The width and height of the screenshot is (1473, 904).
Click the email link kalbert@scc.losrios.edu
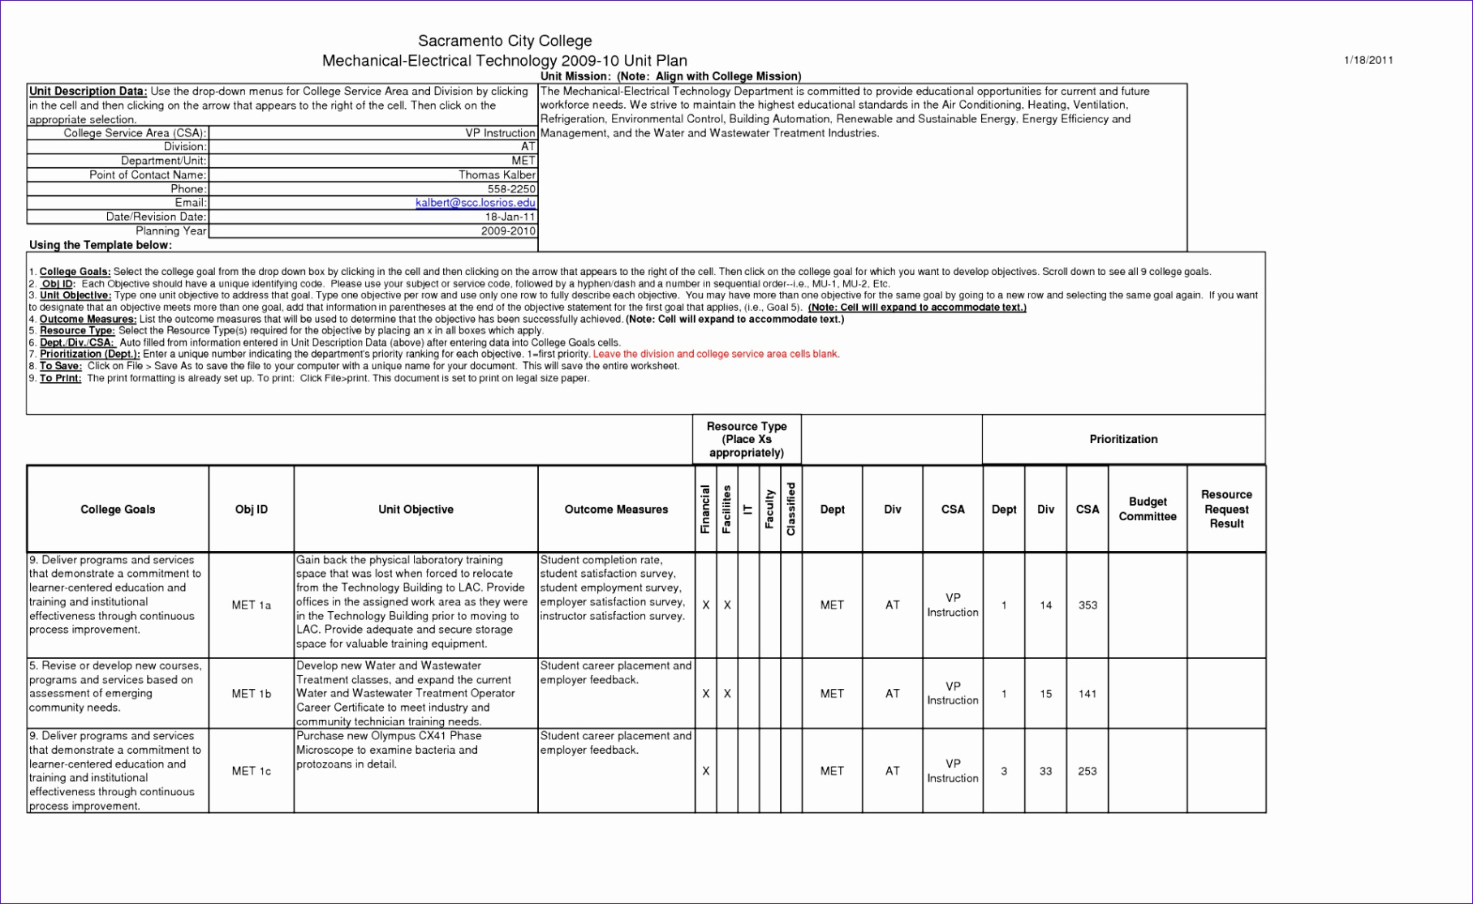coord(475,203)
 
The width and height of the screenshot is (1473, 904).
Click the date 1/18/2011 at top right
coord(1368,60)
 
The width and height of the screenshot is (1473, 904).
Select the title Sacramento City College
coord(505,41)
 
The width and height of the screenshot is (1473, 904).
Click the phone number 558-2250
coord(511,189)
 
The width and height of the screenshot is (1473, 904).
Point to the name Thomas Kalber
coord(497,174)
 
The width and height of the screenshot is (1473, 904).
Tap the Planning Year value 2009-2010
coord(508,231)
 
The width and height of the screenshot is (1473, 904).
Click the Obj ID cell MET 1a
coord(252,605)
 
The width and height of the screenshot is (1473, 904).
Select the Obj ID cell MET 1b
coord(252,694)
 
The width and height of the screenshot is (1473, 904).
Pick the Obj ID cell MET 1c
coord(252,771)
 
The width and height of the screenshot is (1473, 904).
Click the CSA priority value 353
coord(1088,605)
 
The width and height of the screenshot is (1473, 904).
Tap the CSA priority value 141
coord(1088,694)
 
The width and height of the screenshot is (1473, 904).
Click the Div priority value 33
coord(1045,771)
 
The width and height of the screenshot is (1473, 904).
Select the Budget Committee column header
coord(1148,510)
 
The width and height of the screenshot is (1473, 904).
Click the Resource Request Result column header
coord(1226,510)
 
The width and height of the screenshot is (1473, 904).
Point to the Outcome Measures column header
coord(616,510)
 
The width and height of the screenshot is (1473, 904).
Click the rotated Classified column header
coord(791,510)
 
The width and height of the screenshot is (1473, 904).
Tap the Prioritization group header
coord(1123,440)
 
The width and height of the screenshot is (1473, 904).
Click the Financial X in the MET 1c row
coord(706,771)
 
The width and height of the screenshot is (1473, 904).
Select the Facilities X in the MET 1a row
coord(727,605)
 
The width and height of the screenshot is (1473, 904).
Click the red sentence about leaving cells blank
coord(716,355)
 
